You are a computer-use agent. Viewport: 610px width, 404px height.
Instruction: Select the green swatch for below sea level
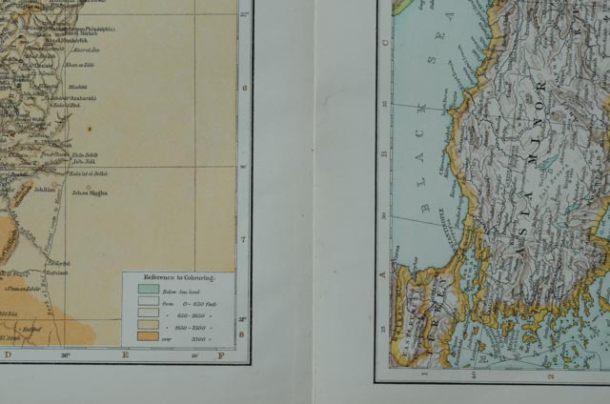pos(147,288)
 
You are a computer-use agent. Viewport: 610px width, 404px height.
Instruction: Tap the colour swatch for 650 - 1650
pos(147,312)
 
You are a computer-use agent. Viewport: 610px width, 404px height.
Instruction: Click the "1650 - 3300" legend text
pos(187,323)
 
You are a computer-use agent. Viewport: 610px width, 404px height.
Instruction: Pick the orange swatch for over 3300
pos(147,335)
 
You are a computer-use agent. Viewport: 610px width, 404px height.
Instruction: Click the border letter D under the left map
pos(9,356)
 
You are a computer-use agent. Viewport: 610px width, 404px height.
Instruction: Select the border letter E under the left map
pos(125,356)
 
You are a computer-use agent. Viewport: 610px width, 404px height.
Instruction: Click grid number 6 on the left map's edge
pos(244,88)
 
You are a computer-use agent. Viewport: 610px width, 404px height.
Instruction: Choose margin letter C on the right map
pos(385,42)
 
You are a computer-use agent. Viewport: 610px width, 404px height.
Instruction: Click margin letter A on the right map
pos(385,275)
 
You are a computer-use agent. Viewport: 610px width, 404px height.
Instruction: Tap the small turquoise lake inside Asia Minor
pos(546,163)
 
